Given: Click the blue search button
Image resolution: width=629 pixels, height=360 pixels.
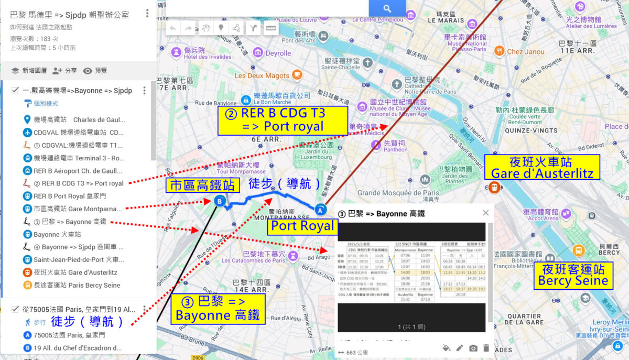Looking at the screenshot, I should coord(387,8).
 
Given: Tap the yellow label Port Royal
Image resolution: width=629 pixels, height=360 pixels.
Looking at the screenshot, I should coord(302,226).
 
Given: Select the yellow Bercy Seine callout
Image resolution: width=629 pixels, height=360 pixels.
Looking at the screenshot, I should coord(573,276).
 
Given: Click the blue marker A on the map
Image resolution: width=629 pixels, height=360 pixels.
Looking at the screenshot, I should coord(320,210).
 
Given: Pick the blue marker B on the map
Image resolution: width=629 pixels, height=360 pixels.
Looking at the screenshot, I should coord(220,200).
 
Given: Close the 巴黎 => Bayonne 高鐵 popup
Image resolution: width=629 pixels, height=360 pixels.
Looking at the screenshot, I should coord(485,213).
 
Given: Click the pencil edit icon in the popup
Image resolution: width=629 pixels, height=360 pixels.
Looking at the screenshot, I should coord(460,348).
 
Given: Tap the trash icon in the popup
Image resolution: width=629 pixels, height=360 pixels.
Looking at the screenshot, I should coord(486,348).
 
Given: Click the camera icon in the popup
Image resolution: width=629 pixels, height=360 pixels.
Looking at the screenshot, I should coord(473,348).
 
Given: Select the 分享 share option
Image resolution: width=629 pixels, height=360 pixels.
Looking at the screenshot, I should coord(64,71).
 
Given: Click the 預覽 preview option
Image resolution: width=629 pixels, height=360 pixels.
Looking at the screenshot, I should coord(95,71).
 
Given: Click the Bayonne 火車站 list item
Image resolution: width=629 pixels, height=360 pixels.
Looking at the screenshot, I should coord(57,234).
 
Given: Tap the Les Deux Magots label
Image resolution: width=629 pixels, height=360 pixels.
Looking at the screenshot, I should coord(262,75).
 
